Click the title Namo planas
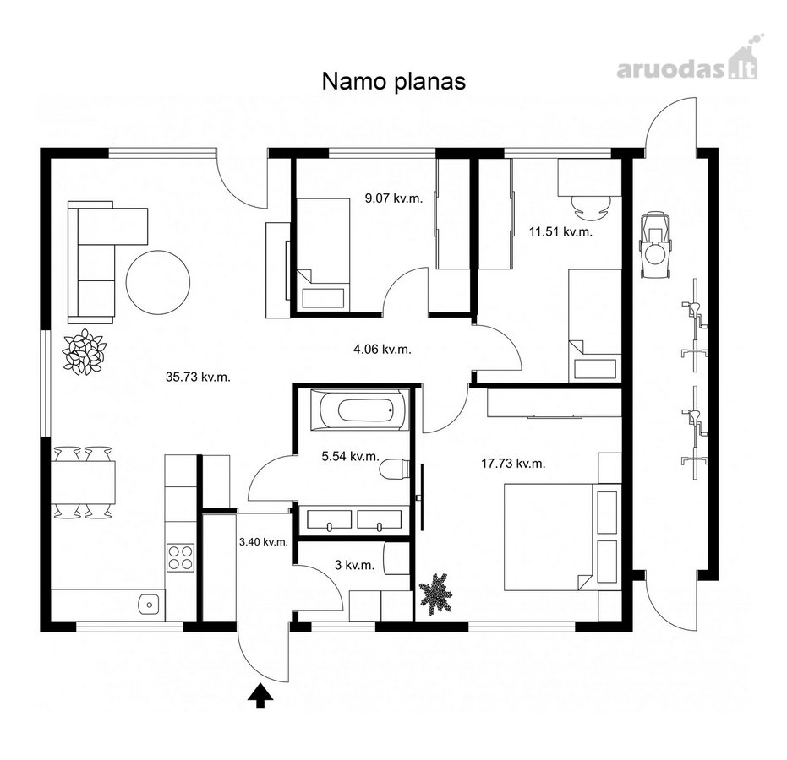394,82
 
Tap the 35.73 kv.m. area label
199,377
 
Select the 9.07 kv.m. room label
394,198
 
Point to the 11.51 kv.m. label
560,231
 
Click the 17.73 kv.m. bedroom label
513,464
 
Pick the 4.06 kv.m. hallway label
382,350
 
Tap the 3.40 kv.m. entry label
264,542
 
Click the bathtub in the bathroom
361,410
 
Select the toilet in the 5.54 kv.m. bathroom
395,470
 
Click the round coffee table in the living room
158,282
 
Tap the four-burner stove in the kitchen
181,557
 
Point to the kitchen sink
149,604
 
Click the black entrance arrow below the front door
260,696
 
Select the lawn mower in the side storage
654,244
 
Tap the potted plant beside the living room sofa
84,352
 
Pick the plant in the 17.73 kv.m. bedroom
435,593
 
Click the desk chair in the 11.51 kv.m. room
591,208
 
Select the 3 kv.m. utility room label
354,565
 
